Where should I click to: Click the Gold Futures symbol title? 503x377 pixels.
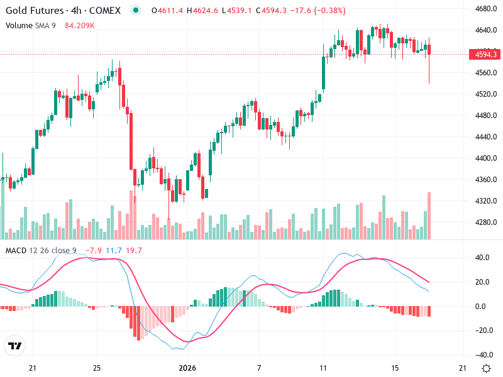coord(35,11)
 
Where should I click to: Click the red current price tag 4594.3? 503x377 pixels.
coord(485,55)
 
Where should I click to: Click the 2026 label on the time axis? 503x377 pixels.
coord(188,368)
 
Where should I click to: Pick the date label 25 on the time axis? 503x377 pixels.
coord(96,368)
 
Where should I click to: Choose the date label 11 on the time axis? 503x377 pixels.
coord(323,368)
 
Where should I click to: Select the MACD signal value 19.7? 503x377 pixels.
coord(134,251)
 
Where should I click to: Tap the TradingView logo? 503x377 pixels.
coord(14,346)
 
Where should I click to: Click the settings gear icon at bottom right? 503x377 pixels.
coord(486,368)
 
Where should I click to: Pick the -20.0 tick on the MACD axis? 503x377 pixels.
coord(483,331)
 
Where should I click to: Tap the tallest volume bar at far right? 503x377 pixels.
coord(429,216)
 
